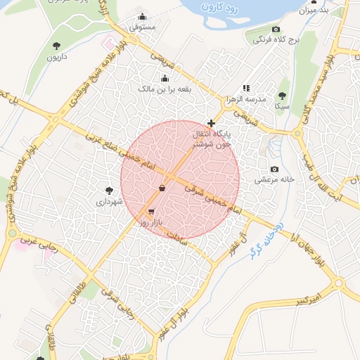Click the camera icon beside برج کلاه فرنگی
(x=276, y=30)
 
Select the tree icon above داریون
(x=56, y=46)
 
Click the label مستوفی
(x=143, y=27)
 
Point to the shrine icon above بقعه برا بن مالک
(x=165, y=78)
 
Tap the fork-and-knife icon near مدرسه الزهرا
(x=245, y=88)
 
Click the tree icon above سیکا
(x=282, y=95)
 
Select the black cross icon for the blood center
(x=211, y=123)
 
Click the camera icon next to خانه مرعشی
(x=274, y=169)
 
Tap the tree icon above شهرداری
(x=109, y=191)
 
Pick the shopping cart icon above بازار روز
(x=151, y=211)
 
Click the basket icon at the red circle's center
(x=162, y=188)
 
